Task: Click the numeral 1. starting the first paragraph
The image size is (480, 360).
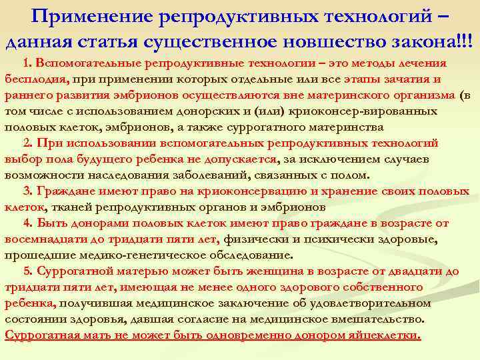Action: click(27, 63)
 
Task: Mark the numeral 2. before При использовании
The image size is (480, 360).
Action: click(28, 143)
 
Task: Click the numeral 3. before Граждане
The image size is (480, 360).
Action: click(27, 191)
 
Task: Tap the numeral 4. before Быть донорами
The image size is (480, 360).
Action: click(27, 223)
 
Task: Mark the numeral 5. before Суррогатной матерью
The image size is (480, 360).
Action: click(27, 271)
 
